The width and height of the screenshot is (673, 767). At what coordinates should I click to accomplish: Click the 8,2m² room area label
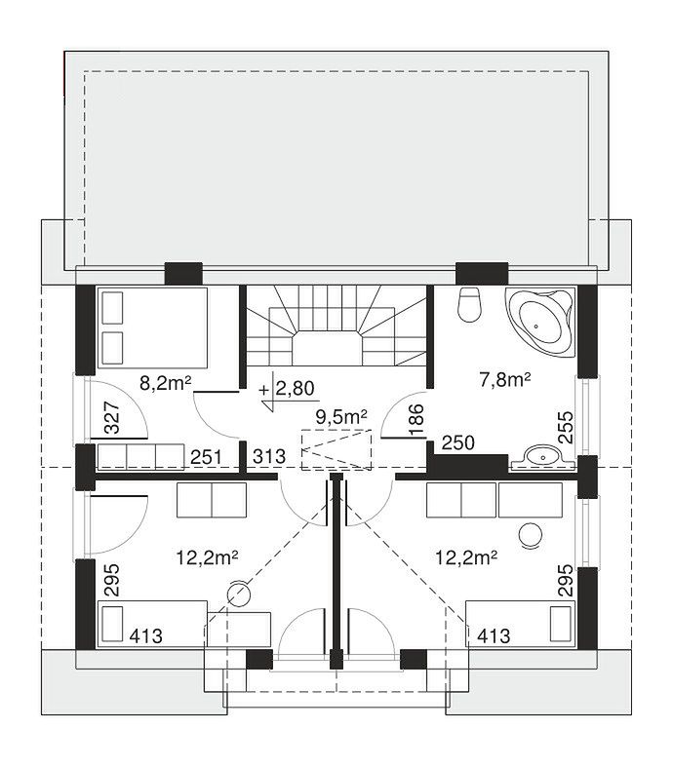click(x=165, y=384)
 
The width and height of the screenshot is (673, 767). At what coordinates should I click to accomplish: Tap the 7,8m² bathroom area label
click(x=504, y=379)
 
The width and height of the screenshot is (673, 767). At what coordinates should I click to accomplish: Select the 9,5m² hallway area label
click(x=341, y=417)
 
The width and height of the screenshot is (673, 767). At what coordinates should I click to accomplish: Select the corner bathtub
click(x=541, y=323)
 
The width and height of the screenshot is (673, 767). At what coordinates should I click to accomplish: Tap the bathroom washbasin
click(x=542, y=456)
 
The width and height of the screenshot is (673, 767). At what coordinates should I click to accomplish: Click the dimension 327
click(x=112, y=417)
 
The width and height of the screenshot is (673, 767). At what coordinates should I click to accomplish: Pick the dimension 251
click(x=206, y=457)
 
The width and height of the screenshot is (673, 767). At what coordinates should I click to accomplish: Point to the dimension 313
click(x=269, y=456)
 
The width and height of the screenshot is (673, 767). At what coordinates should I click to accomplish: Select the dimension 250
click(x=458, y=442)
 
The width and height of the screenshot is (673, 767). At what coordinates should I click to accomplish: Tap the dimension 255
click(x=566, y=427)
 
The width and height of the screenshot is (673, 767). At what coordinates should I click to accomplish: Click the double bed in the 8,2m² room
click(x=153, y=327)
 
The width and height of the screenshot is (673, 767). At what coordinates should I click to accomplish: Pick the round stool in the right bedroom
click(x=530, y=535)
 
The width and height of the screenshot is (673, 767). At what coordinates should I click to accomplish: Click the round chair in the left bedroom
click(x=239, y=593)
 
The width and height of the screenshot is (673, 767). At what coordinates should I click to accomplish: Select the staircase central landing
click(x=328, y=349)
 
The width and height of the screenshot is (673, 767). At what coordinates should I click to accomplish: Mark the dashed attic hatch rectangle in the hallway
click(x=336, y=449)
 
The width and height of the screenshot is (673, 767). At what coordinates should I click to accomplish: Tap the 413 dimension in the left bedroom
click(x=146, y=635)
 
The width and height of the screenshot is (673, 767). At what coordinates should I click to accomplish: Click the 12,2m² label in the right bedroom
click(x=466, y=557)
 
